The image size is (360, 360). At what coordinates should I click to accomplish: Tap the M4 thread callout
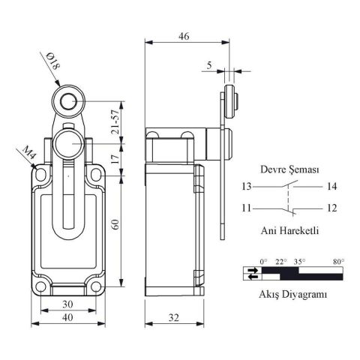[x=28, y=154]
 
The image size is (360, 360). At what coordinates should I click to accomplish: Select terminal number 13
[x=247, y=185]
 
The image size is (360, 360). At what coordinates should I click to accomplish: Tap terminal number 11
[x=247, y=206]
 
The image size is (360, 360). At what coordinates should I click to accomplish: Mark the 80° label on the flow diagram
[x=338, y=261]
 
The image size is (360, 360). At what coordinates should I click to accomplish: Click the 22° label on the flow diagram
[x=280, y=261]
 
